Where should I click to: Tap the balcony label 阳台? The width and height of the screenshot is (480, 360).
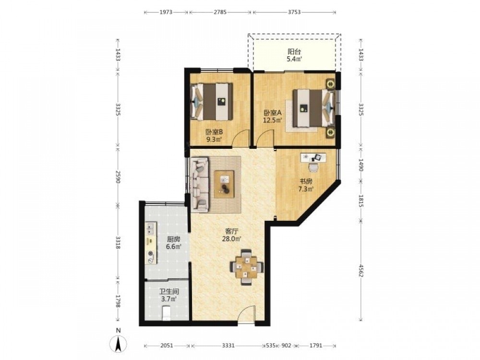tap(294, 52)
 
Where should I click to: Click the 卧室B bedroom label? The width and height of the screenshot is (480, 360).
tap(214, 132)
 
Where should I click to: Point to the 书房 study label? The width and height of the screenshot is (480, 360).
tap(306, 181)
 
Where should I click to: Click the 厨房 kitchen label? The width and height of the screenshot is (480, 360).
tap(173, 239)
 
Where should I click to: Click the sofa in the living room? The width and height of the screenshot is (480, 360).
tap(199, 184)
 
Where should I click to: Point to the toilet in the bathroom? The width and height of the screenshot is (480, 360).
tap(166, 313)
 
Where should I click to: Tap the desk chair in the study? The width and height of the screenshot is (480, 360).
tap(313, 167)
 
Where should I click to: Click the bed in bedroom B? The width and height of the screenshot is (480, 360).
tap(212, 102)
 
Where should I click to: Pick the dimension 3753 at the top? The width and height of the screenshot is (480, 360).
tap(294, 12)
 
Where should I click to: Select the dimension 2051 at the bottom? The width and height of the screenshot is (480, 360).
tap(167, 346)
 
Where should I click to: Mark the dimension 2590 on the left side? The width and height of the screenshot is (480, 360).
tap(118, 177)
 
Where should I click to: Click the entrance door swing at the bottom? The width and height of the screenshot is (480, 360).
tap(246, 314)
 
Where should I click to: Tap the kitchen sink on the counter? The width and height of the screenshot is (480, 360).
tap(150, 228)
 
